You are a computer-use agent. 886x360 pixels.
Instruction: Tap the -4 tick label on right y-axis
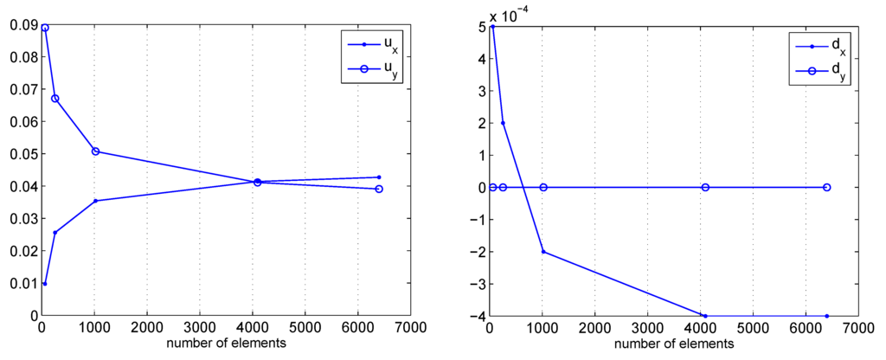[473, 316]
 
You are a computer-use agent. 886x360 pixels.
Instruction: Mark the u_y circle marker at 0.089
[45, 28]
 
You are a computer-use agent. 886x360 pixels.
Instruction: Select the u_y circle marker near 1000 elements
[95, 151]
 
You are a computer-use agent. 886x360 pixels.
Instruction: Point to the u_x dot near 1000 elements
[95, 201]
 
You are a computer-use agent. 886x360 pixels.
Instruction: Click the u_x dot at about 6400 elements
[379, 177]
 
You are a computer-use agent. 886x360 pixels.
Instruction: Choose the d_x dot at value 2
[503, 123]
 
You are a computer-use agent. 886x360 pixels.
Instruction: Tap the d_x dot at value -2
[543, 252]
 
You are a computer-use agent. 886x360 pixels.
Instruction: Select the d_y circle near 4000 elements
[705, 187]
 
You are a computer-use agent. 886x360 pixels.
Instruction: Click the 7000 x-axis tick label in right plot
[858, 329]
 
